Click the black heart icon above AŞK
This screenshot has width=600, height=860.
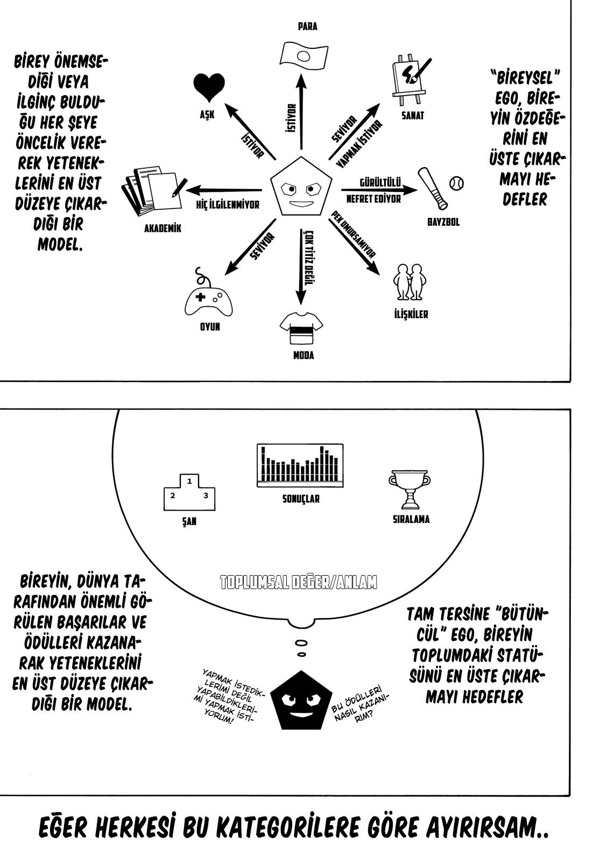pos(209,88)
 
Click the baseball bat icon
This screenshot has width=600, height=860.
pos(433,188)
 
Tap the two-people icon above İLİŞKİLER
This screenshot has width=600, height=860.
pos(410,282)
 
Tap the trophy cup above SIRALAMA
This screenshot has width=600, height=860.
pos(410,490)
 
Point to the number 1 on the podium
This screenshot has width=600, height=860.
pos(189,481)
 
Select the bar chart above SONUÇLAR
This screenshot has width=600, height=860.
pos(300,465)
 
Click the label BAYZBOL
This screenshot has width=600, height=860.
pos(443,223)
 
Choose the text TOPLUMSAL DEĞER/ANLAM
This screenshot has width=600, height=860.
pos(299,583)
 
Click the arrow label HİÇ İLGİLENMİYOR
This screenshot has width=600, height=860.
pos(228,205)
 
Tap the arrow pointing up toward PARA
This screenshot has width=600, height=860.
pos(302,112)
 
